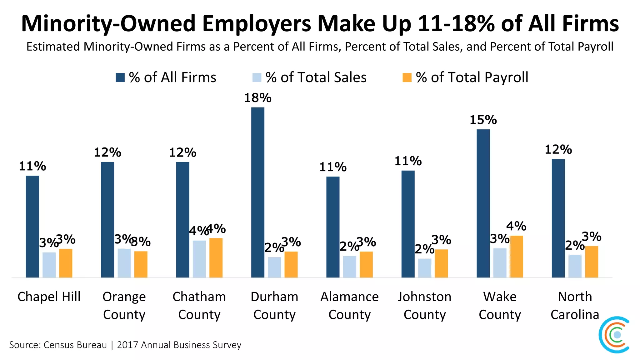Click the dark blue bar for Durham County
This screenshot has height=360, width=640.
(x=258, y=192)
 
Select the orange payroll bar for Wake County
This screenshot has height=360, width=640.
(x=516, y=257)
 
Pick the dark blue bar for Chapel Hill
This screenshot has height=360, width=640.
(x=32, y=227)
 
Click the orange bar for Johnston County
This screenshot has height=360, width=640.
(x=441, y=263)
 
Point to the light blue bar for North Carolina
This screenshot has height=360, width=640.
(x=575, y=266)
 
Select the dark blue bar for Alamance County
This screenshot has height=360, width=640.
(x=333, y=227)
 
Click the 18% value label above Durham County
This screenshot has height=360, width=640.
(x=258, y=98)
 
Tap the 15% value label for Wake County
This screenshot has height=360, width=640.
(x=483, y=120)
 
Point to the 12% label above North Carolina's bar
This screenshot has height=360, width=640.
(x=558, y=150)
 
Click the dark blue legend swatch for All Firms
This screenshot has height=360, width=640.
(x=120, y=77)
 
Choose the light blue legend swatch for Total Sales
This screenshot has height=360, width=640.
(x=257, y=77)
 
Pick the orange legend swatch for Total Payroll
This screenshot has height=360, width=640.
(x=407, y=77)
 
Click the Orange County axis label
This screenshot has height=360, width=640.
(x=124, y=305)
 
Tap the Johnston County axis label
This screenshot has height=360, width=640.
(x=424, y=305)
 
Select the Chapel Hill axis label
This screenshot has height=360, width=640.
(x=49, y=297)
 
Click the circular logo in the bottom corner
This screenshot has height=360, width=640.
(x=615, y=335)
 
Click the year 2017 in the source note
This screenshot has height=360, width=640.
(x=128, y=345)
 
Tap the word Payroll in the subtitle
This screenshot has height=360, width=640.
(x=596, y=47)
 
